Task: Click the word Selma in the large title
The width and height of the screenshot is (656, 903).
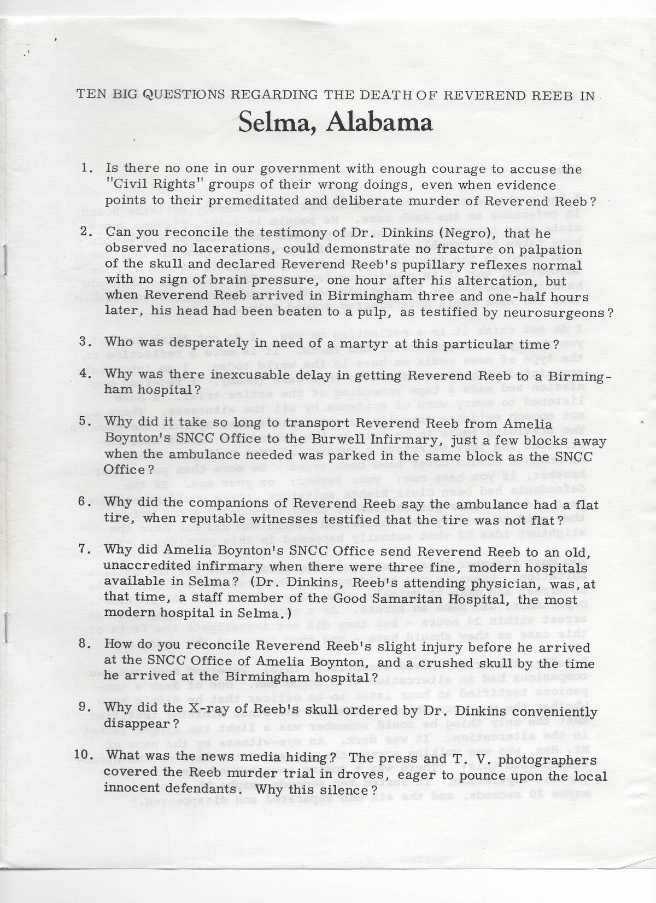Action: [279, 123]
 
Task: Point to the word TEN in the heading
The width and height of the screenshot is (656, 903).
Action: [91, 94]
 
